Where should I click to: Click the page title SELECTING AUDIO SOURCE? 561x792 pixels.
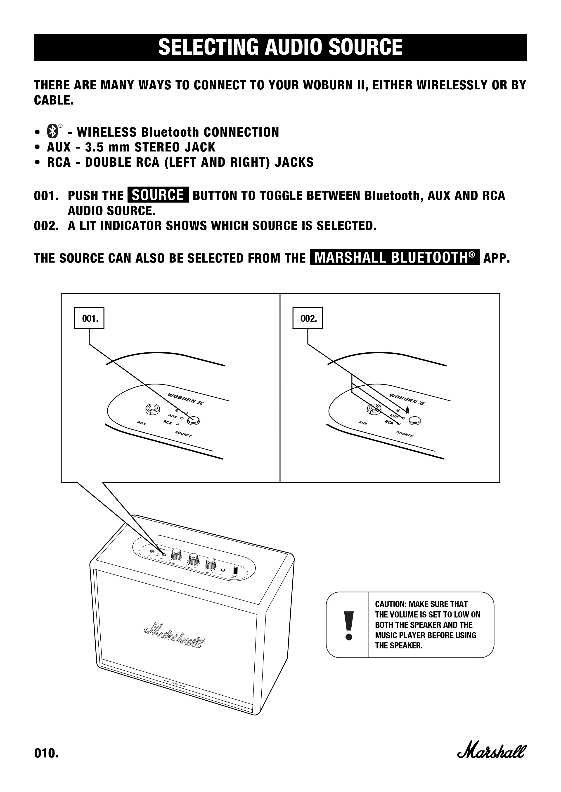280,47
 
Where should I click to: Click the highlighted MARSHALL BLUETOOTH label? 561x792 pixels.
395,258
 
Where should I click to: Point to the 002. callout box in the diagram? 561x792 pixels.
308,318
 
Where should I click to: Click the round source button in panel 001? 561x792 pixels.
194,420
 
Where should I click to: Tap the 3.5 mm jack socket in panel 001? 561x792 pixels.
152,409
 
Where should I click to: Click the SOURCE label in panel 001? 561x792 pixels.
183,434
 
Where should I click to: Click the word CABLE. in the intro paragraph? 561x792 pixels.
54,100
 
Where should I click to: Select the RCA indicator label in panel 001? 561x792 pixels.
168,422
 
